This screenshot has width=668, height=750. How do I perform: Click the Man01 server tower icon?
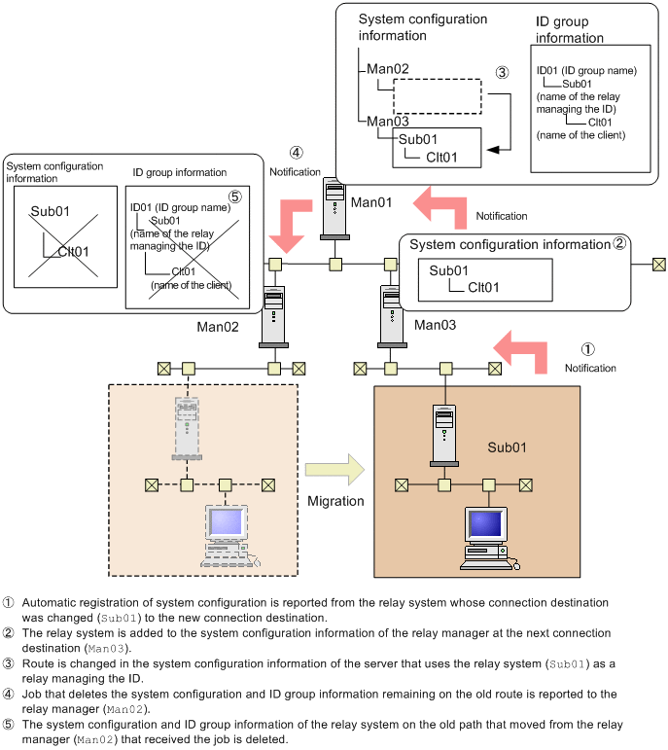(x=334, y=206)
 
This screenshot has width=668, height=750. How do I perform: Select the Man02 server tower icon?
(x=275, y=315)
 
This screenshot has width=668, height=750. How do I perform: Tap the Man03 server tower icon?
(x=391, y=314)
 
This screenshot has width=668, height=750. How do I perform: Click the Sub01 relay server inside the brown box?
(x=444, y=435)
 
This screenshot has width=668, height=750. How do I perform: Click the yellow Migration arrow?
(x=334, y=470)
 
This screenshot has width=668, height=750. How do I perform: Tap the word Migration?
(x=335, y=501)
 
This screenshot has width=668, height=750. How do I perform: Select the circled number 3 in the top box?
(x=502, y=73)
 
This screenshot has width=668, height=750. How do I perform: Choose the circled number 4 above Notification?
(x=296, y=153)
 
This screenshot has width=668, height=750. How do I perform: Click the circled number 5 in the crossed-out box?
(x=235, y=194)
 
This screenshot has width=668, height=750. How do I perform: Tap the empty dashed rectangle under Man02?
(x=438, y=96)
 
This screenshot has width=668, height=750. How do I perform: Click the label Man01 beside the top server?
(x=370, y=202)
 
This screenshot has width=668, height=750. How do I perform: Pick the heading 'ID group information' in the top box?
(x=570, y=29)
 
